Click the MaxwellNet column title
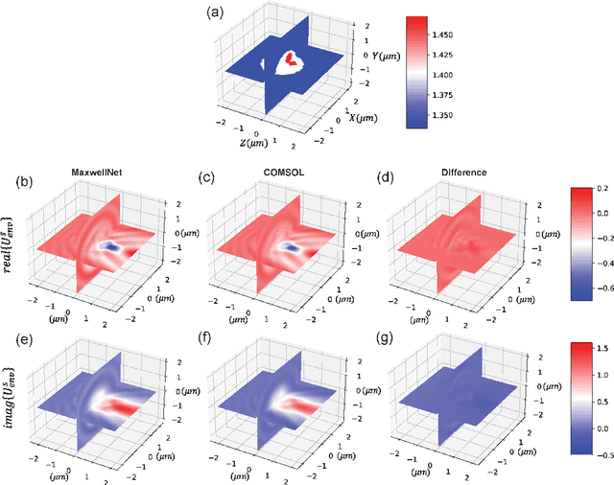pyautogui.click(x=99, y=173)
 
